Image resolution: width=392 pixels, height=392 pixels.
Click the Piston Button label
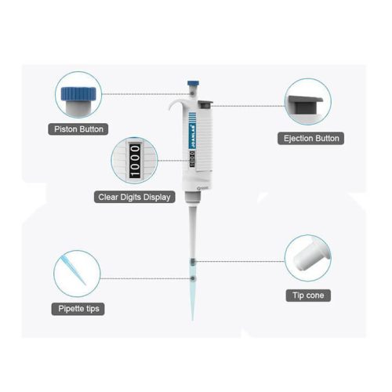(x=78, y=129)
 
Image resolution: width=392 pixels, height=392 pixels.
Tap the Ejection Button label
(x=311, y=138)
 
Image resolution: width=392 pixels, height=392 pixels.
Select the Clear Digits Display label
(x=134, y=197)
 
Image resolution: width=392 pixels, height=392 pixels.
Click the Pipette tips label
(x=78, y=309)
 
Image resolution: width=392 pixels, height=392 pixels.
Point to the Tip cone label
(x=308, y=296)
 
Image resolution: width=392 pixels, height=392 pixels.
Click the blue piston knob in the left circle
(x=78, y=93)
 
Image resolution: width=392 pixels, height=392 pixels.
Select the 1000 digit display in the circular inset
(x=135, y=161)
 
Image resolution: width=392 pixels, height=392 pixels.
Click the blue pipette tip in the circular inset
(x=74, y=270)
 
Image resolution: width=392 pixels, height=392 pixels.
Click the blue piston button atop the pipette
(x=193, y=83)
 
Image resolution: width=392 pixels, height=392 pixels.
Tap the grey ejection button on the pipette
(x=205, y=104)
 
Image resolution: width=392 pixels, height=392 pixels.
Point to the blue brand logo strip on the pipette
(x=193, y=136)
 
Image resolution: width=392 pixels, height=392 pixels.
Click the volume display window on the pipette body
(x=192, y=159)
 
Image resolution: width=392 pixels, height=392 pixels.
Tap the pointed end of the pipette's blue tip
(x=193, y=320)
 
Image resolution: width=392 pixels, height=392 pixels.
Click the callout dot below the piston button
(x=192, y=93)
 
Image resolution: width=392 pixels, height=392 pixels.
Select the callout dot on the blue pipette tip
(x=193, y=278)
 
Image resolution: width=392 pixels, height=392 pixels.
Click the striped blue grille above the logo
(x=192, y=117)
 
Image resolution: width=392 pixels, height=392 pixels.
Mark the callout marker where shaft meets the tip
(x=192, y=261)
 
